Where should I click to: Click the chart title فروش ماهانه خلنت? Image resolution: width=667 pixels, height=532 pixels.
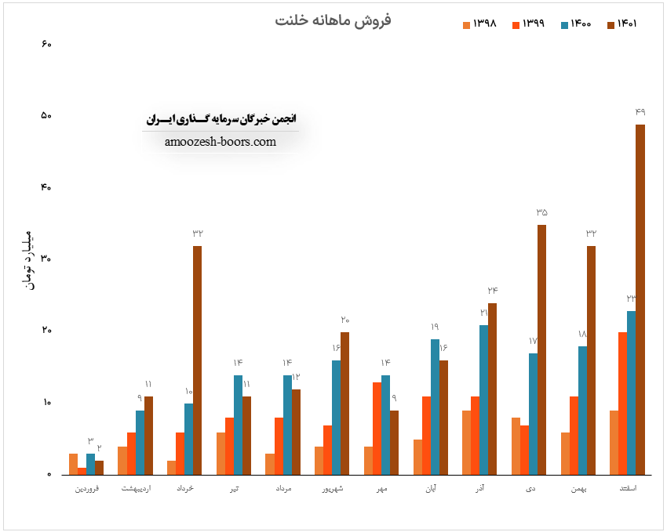tap(333, 20)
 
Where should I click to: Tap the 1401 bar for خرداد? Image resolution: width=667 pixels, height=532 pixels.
tap(197, 360)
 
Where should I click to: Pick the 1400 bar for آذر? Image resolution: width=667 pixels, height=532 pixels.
tap(483, 400)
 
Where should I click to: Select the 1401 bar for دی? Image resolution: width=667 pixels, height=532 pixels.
tap(541, 349)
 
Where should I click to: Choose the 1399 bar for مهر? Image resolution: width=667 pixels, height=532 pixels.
tap(377, 429)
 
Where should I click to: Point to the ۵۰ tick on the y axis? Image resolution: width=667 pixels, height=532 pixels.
tap(46, 116)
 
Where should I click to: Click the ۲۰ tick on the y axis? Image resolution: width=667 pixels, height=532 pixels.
tap(46, 331)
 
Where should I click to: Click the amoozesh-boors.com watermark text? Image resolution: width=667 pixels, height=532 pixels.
tap(221, 142)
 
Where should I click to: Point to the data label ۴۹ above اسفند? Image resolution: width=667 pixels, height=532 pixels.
tap(640, 112)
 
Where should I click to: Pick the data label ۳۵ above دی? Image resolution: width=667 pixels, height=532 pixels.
tap(542, 212)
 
